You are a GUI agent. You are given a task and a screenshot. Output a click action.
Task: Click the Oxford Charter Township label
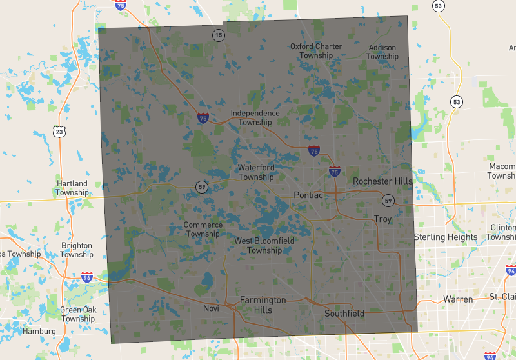pyautogui.click(x=316, y=51)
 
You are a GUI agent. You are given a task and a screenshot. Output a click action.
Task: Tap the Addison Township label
pyautogui.click(x=382, y=52)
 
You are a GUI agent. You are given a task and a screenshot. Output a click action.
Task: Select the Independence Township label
pyautogui.click(x=255, y=117)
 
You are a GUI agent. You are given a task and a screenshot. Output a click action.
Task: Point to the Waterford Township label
pyautogui.click(x=256, y=172)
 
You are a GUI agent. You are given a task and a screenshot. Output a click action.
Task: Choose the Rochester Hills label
pyautogui.click(x=382, y=181)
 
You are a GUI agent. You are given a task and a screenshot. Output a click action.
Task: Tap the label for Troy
pyautogui.click(x=382, y=219)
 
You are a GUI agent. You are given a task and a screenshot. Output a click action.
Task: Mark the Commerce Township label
pyautogui.click(x=203, y=229)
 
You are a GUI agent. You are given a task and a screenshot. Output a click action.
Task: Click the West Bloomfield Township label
pyautogui.click(x=264, y=245)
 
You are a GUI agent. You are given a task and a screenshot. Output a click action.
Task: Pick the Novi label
pyautogui.click(x=212, y=309)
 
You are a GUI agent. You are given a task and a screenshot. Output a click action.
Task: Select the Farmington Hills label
pyautogui.click(x=263, y=305)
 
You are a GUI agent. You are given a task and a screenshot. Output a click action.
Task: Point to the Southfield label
pyautogui.click(x=344, y=314)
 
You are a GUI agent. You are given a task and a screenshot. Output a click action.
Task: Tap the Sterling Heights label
pyautogui.click(x=446, y=237)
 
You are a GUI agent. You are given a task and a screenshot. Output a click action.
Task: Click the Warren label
pyautogui.click(x=458, y=299)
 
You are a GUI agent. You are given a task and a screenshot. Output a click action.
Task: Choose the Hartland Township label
pyautogui.click(x=72, y=188)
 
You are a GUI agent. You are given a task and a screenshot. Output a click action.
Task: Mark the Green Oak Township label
pyautogui.click(x=79, y=314)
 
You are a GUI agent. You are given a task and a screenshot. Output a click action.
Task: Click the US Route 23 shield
pyautogui.click(x=59, y=132)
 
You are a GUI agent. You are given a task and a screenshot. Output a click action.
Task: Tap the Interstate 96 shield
pyautogui.click(x=87, y=278)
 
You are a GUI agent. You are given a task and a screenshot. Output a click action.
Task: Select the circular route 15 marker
pyautogui.click(x=219, y=35)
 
